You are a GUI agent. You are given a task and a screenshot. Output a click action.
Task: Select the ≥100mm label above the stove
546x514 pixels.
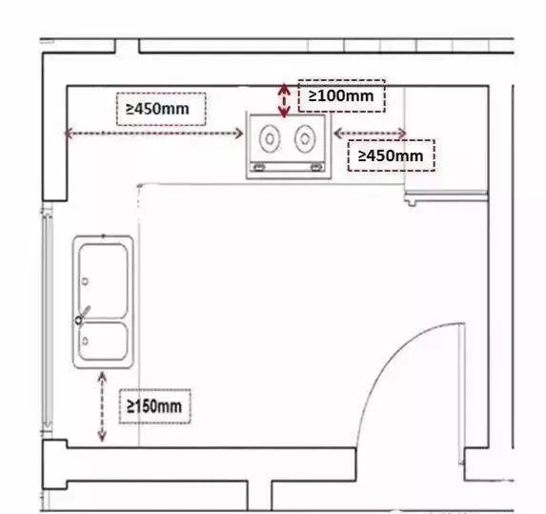click(x=340, y=96)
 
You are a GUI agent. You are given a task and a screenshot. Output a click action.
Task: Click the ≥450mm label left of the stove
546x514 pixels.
click(x=158, y=109)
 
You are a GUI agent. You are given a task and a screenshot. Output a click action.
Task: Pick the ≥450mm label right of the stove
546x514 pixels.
click(x=390, y=154)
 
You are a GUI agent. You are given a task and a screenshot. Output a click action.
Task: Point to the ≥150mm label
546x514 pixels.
click(x=154, y=407)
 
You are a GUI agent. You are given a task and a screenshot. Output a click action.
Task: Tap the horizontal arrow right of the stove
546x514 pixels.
click(x=370, y=134)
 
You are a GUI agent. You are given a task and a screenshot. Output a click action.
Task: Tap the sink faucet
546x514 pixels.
click(x=84, y=315)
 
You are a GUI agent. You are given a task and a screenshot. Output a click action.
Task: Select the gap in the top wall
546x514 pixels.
click(x=127, y=46)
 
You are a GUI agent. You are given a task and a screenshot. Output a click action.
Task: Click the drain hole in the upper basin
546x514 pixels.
click(x=86, y=281)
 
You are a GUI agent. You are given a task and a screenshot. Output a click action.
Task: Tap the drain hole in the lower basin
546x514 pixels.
click(x=86, y=339)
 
